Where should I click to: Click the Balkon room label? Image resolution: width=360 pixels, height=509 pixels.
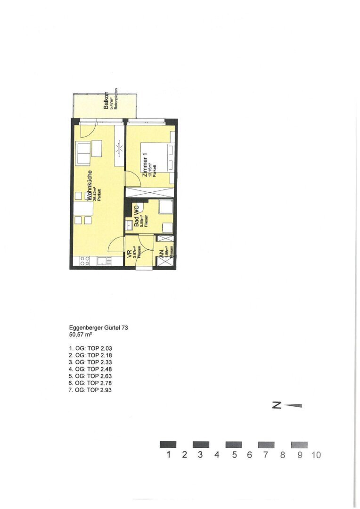click(x=106, y=100)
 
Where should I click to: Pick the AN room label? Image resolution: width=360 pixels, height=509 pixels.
click(x=162, y=254)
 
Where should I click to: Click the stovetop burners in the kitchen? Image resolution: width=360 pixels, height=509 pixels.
click(x=85, y=261)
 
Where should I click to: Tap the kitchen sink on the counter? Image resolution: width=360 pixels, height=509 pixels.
click(x=104, y=261)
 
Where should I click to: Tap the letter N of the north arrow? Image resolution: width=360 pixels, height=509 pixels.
click(x=277, y=405)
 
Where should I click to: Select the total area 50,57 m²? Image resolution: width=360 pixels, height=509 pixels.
click(x=80, y=335)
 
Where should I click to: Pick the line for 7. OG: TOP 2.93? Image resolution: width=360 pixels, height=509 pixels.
click(x=90, y=390)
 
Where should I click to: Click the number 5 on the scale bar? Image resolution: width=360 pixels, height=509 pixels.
click(x=233, y=455)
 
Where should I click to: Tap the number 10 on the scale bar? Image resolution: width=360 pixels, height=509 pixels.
click(x=315, y=455)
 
